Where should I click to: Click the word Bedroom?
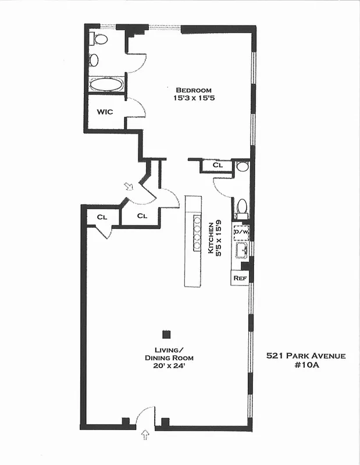pyautogui.click(x=194, y=90)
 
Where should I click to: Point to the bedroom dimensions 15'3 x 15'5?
pyautogui.click(x=194, y=99)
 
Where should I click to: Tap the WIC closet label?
pyautogui.click(x=105, y=111)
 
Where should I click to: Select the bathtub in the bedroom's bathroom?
pyautogui.click(x=106, y=84)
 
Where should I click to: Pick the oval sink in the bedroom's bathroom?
pyautogui.click(x=94, y=59)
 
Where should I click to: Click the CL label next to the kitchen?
pyautogui.click(x=218, y=166)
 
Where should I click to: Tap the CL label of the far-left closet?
pyautogui.click(x=102, y=217)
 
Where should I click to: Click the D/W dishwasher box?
pyautogui.click(x=241, y=233)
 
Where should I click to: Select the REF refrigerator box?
pyautogui.click(x=240, y=278)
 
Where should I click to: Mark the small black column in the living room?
pyautogui.click(x=166, y=334)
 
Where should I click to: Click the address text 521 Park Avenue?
pyautogui.click(x=306, y=356)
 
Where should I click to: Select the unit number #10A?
pyautogui.click(x=306, y=366)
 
